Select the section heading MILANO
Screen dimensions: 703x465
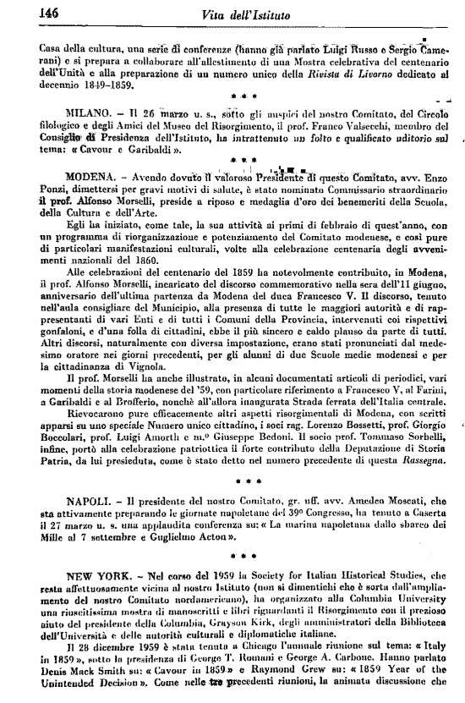click(87, 112)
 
